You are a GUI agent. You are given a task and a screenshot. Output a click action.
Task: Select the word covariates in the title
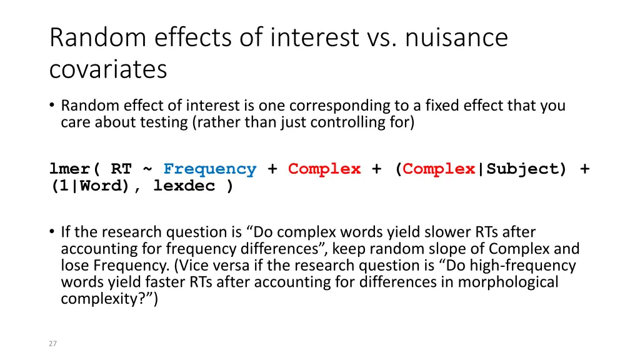[107, 69]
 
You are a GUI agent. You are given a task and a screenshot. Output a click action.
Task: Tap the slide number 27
[53, 343]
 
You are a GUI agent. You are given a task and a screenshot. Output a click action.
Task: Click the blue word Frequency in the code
[210, 169]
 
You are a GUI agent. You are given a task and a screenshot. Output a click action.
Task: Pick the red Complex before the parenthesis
[324, 169]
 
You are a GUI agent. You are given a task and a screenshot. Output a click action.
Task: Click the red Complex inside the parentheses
[439, 169]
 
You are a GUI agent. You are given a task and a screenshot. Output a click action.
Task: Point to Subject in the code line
[526, 169]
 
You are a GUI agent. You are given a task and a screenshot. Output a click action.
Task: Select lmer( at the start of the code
[74, 169]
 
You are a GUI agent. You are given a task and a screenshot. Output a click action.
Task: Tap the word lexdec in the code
[184, 186]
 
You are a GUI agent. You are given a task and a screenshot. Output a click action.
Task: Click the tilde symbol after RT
[147, 169]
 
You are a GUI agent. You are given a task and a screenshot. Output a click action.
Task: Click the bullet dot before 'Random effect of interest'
[52, 106]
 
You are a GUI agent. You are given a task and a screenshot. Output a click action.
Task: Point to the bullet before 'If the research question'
[52, 232]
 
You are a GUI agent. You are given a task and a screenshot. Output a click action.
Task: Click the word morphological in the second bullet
[508, 282]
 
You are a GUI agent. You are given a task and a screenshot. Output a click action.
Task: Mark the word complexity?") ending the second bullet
[109, 299]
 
